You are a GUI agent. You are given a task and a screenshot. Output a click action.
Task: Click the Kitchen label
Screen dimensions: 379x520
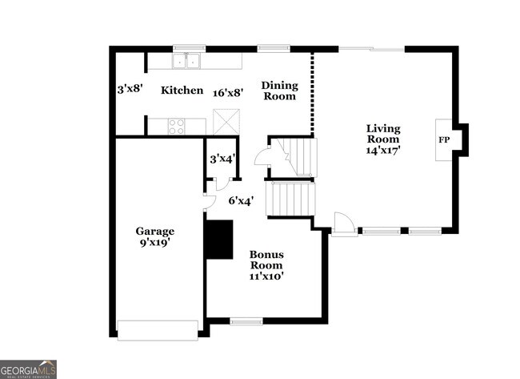coord(182,91)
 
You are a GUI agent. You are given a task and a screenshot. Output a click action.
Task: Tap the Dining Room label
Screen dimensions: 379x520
coord(278,91)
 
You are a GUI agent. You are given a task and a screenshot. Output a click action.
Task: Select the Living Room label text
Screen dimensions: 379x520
coord(383,139)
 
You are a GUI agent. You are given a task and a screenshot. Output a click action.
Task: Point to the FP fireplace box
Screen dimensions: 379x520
coord(443,140)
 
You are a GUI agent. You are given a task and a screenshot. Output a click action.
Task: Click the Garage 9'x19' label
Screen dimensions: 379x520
coord(154,236)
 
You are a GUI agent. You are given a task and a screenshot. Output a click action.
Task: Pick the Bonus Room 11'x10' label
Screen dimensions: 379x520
coord(266,264)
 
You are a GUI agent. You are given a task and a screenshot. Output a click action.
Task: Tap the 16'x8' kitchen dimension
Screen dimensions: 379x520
coord(228,92)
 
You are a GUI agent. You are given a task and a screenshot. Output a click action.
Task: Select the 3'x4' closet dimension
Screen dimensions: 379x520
coord(221,159)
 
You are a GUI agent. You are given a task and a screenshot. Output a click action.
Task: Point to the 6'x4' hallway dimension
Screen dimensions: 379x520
coord(241,201)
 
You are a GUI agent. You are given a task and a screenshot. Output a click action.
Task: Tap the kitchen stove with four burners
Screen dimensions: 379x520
coord(176,126)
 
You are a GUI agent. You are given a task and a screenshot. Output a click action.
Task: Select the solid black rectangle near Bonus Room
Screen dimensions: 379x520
coord(218,240)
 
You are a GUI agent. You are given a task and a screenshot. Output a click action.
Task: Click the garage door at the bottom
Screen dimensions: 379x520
coord(158,329)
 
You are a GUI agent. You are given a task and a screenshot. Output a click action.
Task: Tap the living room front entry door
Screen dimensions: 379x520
coord(344,224)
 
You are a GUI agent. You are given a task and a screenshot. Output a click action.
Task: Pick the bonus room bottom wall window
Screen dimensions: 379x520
coord(246,321)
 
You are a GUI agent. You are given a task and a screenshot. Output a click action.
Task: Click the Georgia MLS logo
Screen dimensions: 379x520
coord(28,369)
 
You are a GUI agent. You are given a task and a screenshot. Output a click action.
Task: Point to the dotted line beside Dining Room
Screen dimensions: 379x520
coord(311,94)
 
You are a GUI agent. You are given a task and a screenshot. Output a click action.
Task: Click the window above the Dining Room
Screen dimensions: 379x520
coord(274,48)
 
